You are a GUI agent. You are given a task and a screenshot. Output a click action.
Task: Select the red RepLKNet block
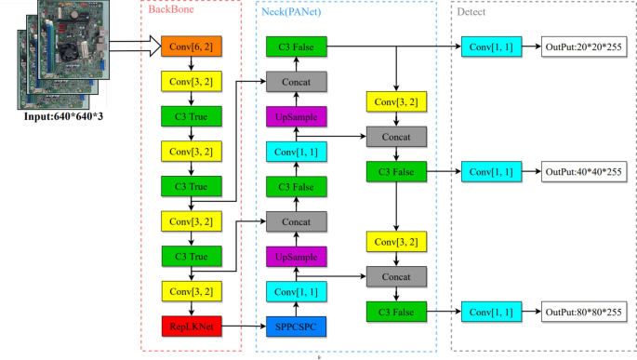pyautogui.click(x=191, y=327)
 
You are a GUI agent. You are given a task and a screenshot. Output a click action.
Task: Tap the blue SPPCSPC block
pyautogui.click(x=296, y=327)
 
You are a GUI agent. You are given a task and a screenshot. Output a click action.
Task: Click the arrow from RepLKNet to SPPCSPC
pyautogui.click(x=243, y=327)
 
